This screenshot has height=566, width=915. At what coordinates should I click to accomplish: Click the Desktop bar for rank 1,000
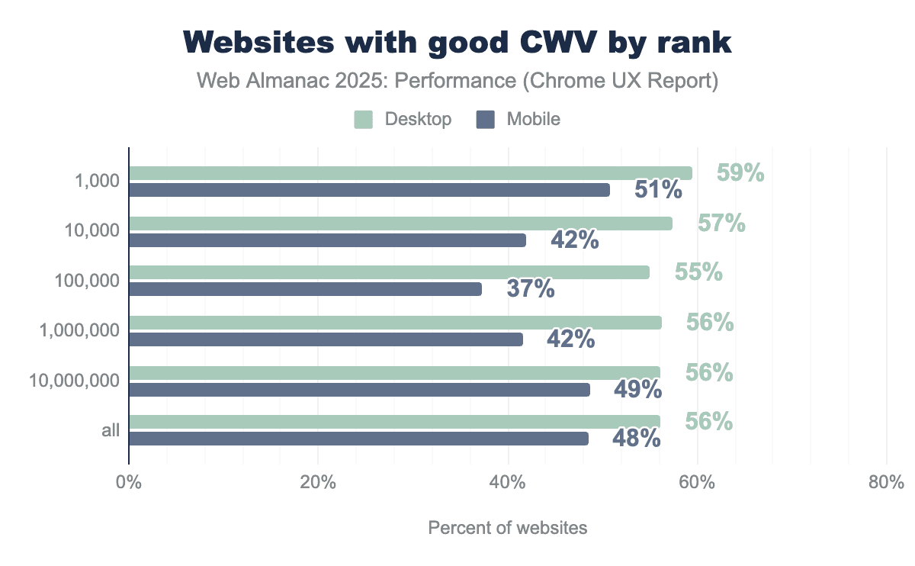pyautogui.click(x=410, y=173)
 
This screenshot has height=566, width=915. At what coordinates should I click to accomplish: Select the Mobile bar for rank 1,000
pyautogui.click(x=369, y=190)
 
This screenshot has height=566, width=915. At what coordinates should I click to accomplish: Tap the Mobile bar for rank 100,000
pyautogui.click(x=305, y=289)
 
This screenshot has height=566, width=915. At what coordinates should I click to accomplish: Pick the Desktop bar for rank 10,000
pyautogui.click(x=400, y=224)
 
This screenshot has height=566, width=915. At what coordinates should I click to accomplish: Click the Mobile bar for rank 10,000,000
pyautogui.click(x=359, y=390)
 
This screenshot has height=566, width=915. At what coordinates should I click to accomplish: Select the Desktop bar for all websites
pyautogui.click(x=394, y=422)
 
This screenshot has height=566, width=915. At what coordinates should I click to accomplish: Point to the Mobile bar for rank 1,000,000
pyautogui.click(x=326, y=339)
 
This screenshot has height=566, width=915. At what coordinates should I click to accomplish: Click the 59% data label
pyautogui.click(x=740, y=174)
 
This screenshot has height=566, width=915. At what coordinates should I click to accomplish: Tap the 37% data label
pyautogui.click(x=531, y=289)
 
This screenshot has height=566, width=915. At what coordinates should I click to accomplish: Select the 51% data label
pyautogui.click(x=658, y=190)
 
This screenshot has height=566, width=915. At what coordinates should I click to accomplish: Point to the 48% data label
pyautogui.click(x=636, y=439)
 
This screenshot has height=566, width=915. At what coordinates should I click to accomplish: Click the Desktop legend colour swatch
pyautogui.click(x=363, y=119)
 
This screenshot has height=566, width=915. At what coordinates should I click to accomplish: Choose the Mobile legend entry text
pyautogui.click(x=533, y=119)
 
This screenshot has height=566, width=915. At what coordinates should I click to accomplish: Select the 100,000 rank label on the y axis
pyautogui.click(x=87, y=281)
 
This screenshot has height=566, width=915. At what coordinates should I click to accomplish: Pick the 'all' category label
pyautogui.click(x=111, y=430)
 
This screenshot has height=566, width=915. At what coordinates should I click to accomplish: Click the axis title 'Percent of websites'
pyautogui.click(x=508, y=528)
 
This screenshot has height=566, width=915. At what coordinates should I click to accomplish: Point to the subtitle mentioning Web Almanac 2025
pyautogui.click(x=457, y=81)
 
